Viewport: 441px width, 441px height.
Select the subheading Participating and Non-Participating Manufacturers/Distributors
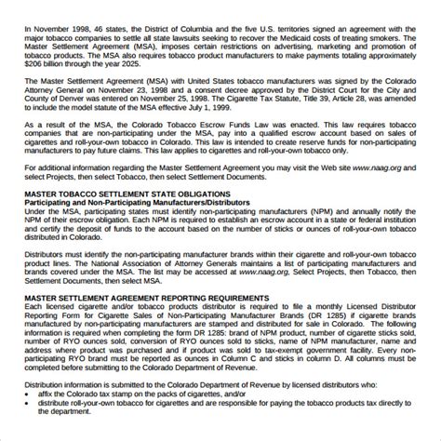140,229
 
